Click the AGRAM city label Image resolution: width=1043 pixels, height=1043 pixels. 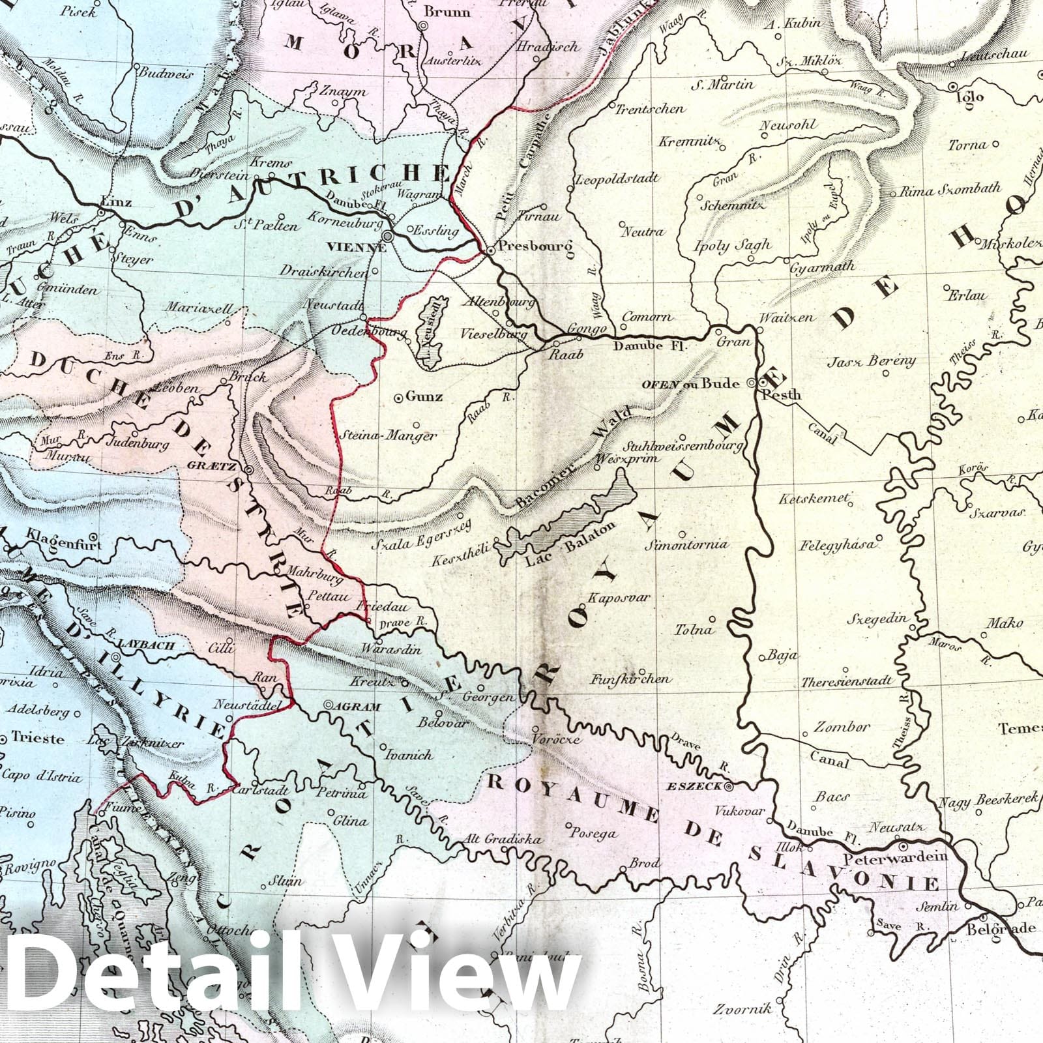[357, 706]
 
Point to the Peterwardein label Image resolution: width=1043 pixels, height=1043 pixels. [895, 857]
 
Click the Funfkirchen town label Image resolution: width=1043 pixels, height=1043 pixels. [630, 679]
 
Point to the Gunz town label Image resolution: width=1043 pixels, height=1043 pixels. [424, 396]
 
